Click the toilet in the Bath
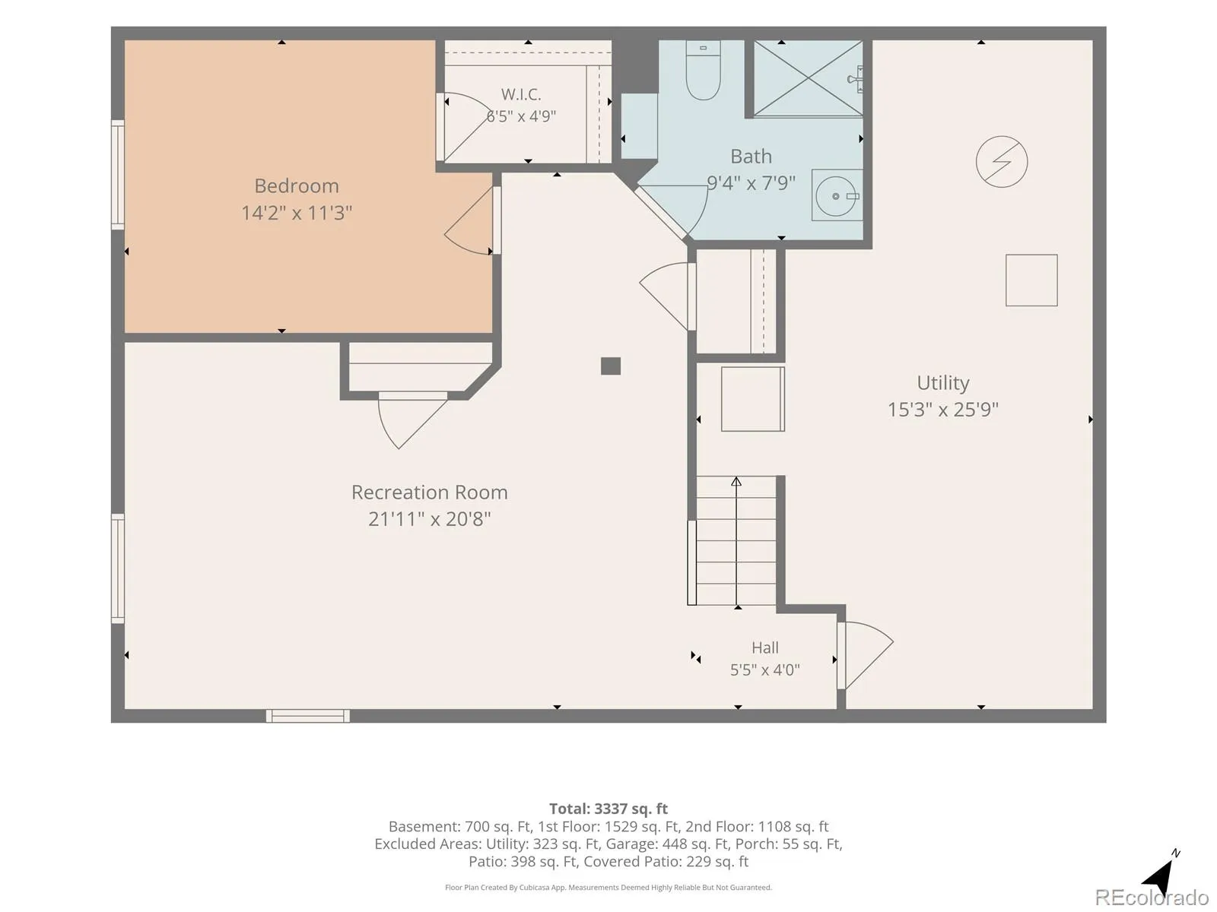click(x=703, y=70)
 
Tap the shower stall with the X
click(x=808, y=78)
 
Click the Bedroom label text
click(x=297, y=186)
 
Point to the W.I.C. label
click(x=521, y=94)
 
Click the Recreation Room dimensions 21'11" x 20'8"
click(x=430, y=519)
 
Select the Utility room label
click(x=943, y=382)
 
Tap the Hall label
click(x=765, y=648)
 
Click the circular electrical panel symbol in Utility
click(x=1001, y=162)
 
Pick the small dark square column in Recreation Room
click(x=611, y=366)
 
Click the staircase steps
click(x=736, y=540)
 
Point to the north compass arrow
click(x=1161, y=873)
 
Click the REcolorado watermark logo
click(x=1152, y=897)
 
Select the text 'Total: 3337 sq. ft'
click(x=608, y=809)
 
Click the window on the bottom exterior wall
click(x=308, y=716)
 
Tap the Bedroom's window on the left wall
click(x=118, y=175)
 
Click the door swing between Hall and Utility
click(x=866, y=656)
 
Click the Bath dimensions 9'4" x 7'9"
click(x=751, y=182)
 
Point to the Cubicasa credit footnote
click(x=608, y=888)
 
